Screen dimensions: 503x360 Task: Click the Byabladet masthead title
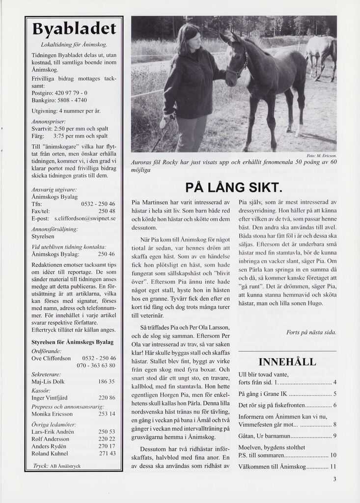coord(74,28)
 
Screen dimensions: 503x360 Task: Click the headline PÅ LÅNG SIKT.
coord(233,188)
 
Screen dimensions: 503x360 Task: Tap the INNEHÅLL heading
coord(287,362)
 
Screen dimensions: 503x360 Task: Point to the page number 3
coord(334,479)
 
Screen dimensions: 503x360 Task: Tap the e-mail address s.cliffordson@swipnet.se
coord(84,218)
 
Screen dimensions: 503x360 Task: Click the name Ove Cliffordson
coord(51,358)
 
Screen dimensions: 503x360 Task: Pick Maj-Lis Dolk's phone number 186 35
coord(107,381)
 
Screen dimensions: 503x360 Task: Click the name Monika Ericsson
coord(53,414)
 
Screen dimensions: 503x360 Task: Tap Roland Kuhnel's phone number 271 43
coord(107,453)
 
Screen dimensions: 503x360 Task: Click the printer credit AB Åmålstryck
coord(65,466)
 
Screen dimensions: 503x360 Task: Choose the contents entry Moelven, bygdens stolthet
coord(272,447)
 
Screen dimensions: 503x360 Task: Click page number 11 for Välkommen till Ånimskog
coord(333,467)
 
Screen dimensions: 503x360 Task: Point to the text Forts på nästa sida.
coord(311,333)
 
